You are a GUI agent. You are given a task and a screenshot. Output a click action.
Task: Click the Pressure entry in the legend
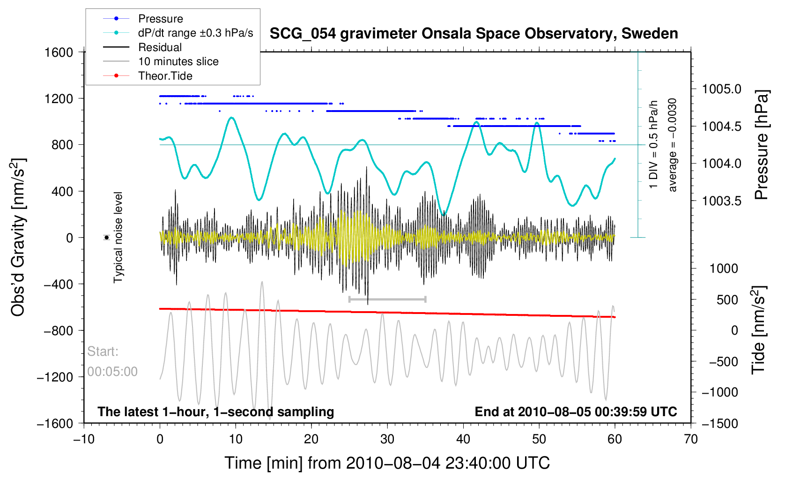160,19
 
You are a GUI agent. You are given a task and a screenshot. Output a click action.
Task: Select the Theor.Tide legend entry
165,76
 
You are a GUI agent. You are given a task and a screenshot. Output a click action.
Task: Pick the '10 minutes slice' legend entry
178,61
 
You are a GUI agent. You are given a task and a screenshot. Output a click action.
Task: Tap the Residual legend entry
160,47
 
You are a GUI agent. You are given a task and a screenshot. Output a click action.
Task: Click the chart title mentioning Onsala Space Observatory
474,34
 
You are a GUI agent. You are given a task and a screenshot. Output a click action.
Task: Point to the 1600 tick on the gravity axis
59,52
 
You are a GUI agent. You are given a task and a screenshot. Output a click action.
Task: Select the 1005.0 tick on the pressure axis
722,89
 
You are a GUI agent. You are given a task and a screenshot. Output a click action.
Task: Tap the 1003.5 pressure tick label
722,201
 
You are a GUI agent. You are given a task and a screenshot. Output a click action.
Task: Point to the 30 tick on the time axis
387,439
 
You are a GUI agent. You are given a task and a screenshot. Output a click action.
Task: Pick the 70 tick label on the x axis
690,439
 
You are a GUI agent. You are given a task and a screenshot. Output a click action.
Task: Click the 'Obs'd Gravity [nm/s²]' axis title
19,238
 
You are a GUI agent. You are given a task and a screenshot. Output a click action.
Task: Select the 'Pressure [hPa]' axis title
762,145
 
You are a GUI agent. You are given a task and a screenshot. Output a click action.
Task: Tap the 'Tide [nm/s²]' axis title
759,330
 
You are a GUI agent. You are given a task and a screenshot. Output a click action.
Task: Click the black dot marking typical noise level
107,238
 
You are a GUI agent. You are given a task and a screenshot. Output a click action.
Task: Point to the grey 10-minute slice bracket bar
387,299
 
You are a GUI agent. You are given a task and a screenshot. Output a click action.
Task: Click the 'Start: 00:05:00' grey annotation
112,361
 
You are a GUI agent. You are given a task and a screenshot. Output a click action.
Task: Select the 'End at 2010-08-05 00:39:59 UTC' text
576,412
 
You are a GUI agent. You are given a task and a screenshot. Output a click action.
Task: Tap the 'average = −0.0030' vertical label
673,145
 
